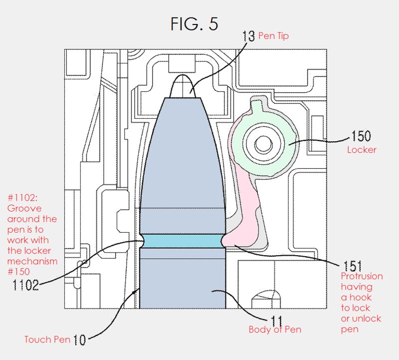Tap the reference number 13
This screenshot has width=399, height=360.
[248, 36]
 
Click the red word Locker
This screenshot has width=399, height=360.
[363, 149]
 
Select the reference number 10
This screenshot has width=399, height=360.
[79, 341]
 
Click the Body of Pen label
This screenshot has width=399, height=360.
[275, 330]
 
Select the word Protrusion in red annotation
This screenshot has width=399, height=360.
[362, 276]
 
